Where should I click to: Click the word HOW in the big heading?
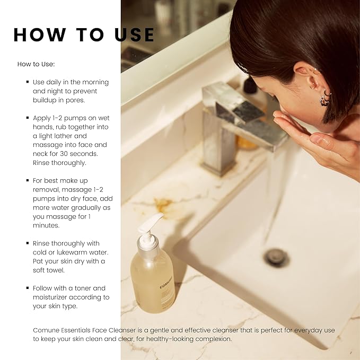tap(38, 34)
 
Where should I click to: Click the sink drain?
tap(276, 257)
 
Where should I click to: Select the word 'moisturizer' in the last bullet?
tap(52, 297)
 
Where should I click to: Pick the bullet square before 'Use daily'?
tap(27, 82)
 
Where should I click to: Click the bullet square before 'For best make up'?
tap(27, 180)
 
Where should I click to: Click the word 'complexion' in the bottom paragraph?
tap(211, 339)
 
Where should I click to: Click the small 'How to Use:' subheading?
tap(36, 64)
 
